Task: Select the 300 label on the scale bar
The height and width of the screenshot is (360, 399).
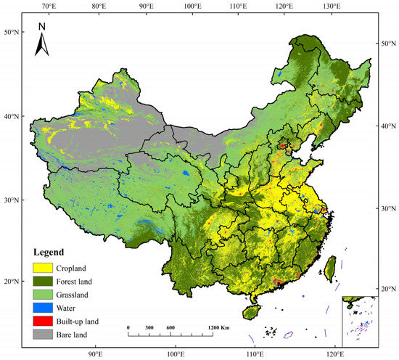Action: coord(150,327)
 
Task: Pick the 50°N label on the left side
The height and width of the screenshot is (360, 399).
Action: coord(12,33)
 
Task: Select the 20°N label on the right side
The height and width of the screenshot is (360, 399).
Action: coord(387,290)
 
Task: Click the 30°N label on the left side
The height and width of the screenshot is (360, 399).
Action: coord(12,200)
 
